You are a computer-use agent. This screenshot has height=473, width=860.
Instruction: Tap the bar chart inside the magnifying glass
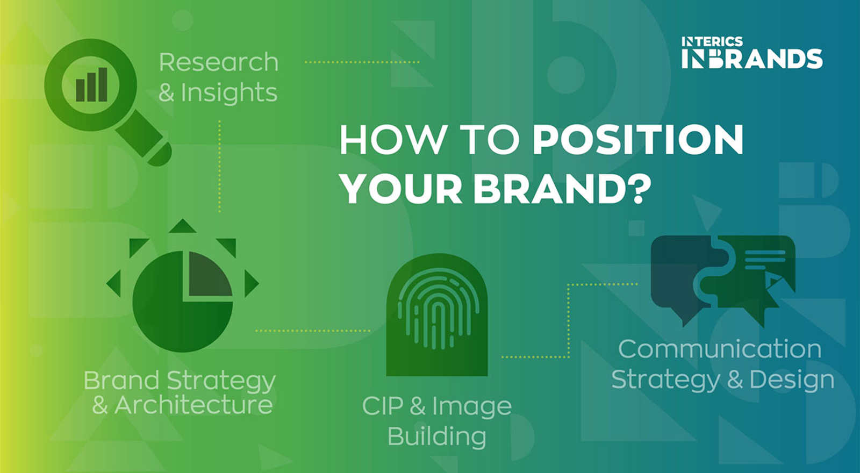pyautogui.click(x=91, y=85)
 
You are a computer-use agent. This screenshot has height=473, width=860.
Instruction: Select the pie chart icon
pyautogui.click(x=183, y=302)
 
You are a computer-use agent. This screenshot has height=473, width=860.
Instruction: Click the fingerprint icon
pyautogui.click(x=437, y=315)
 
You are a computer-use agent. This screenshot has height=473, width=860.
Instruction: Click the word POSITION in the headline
pyautogui.click(x=637, y=140)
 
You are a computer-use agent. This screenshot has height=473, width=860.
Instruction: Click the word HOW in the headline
pyautogui.click(x=392, y=140)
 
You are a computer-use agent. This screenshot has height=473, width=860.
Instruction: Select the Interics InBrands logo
pyautogui.click(x=752, y=53)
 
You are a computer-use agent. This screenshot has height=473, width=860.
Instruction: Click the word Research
pyautogui.click(x=218, y=62)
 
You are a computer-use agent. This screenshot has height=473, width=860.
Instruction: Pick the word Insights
pyautogui.click(x=229, y=93)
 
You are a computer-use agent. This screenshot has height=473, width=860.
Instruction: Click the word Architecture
pyautogui.click(x=193, y=405)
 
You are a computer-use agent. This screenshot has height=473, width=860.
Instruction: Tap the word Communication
pyautogui.click(x=720, y=349)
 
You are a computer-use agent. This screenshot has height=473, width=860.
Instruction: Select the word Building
pyautogui.click(x=437, y=436)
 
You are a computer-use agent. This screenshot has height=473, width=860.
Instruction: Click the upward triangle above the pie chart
pyautogui.click(x=183, y=226)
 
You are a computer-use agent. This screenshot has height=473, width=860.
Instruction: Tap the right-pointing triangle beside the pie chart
pyautogui.click(x=252, y=284)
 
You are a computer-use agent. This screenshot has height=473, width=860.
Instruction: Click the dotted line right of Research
pyautogui.click(x=362, y=62)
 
